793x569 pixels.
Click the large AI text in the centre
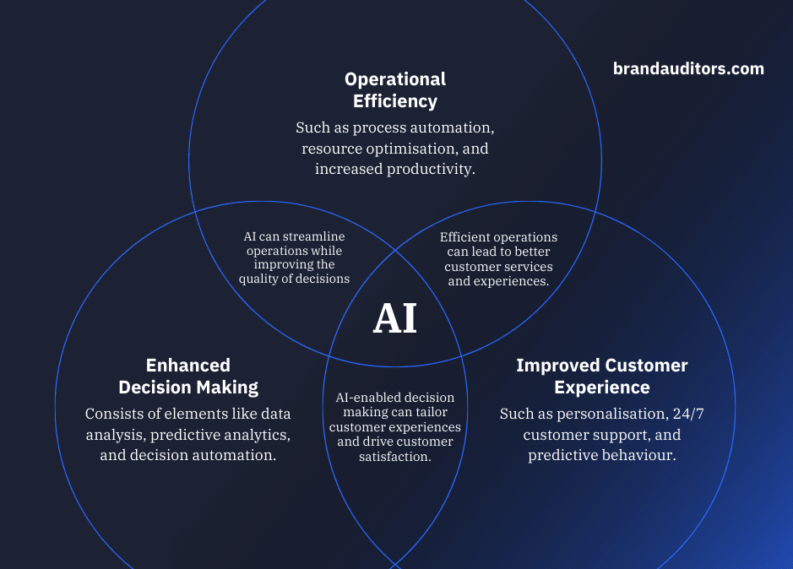point(395,318)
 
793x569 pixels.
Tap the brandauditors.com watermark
point(688,68)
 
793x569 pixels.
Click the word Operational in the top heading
point(395,80)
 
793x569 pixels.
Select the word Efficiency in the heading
point(395,101)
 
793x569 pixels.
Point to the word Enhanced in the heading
point(188,366)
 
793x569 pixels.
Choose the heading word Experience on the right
point(602,388)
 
